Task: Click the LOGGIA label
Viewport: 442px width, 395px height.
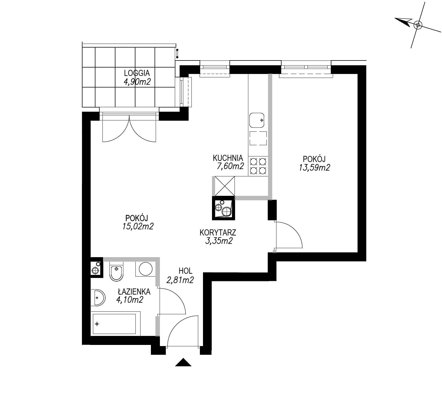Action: tap(137, 73)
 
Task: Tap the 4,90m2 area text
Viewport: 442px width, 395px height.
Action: tap(137, 82)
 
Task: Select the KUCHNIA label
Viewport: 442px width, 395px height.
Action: tap(228, 158)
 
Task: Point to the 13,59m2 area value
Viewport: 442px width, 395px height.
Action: tap(314, 168)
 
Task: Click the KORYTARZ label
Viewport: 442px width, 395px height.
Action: tap(218, 233)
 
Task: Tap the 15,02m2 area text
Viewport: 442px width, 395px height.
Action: tap(138, 226)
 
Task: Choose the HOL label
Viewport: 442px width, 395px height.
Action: tap(186, 271)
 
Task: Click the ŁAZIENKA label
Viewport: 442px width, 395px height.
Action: tap(134, 291)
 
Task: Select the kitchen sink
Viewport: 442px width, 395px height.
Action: tap(257, 120)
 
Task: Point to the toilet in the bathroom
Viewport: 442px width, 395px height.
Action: tap(116, 271)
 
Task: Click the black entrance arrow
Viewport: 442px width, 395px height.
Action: tap(183, 362)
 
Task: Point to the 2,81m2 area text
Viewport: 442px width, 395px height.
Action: tap(180, 280)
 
